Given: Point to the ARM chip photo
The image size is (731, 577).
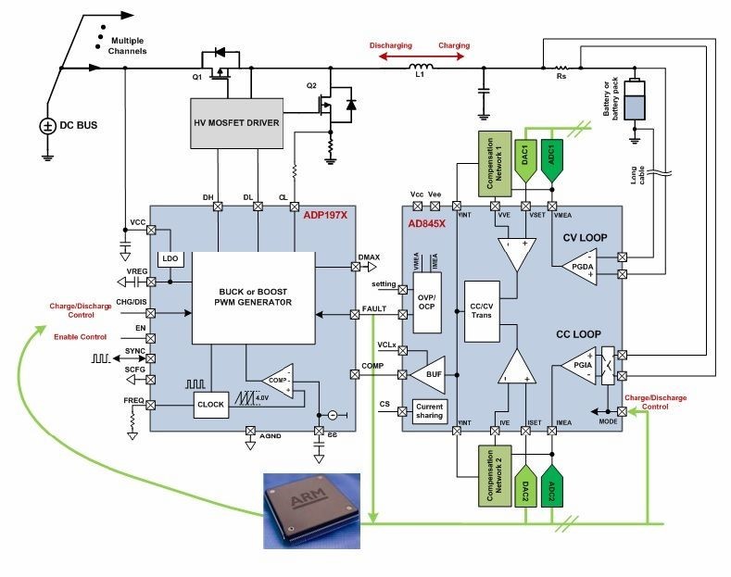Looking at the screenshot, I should click(x=306, y=505).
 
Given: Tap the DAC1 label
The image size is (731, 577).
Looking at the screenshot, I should click(x=526, y=153).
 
